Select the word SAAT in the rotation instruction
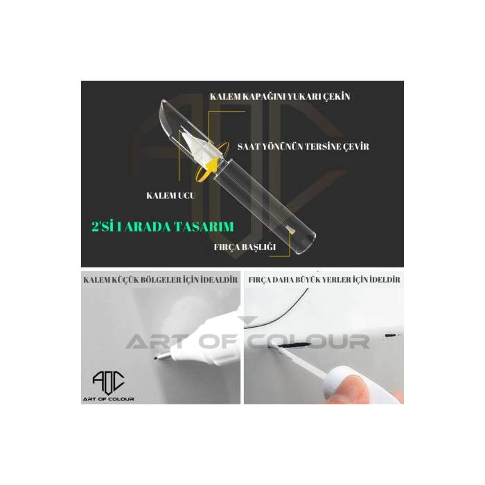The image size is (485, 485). (x=249, y=146)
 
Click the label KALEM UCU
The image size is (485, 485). (x=170, y=195)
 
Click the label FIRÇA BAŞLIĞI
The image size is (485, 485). (x=245, y=247)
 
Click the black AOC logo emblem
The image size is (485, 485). (x=109, y=382)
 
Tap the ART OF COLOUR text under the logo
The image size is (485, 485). (x=108, y=399)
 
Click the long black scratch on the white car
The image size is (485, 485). (x=294, y=345)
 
